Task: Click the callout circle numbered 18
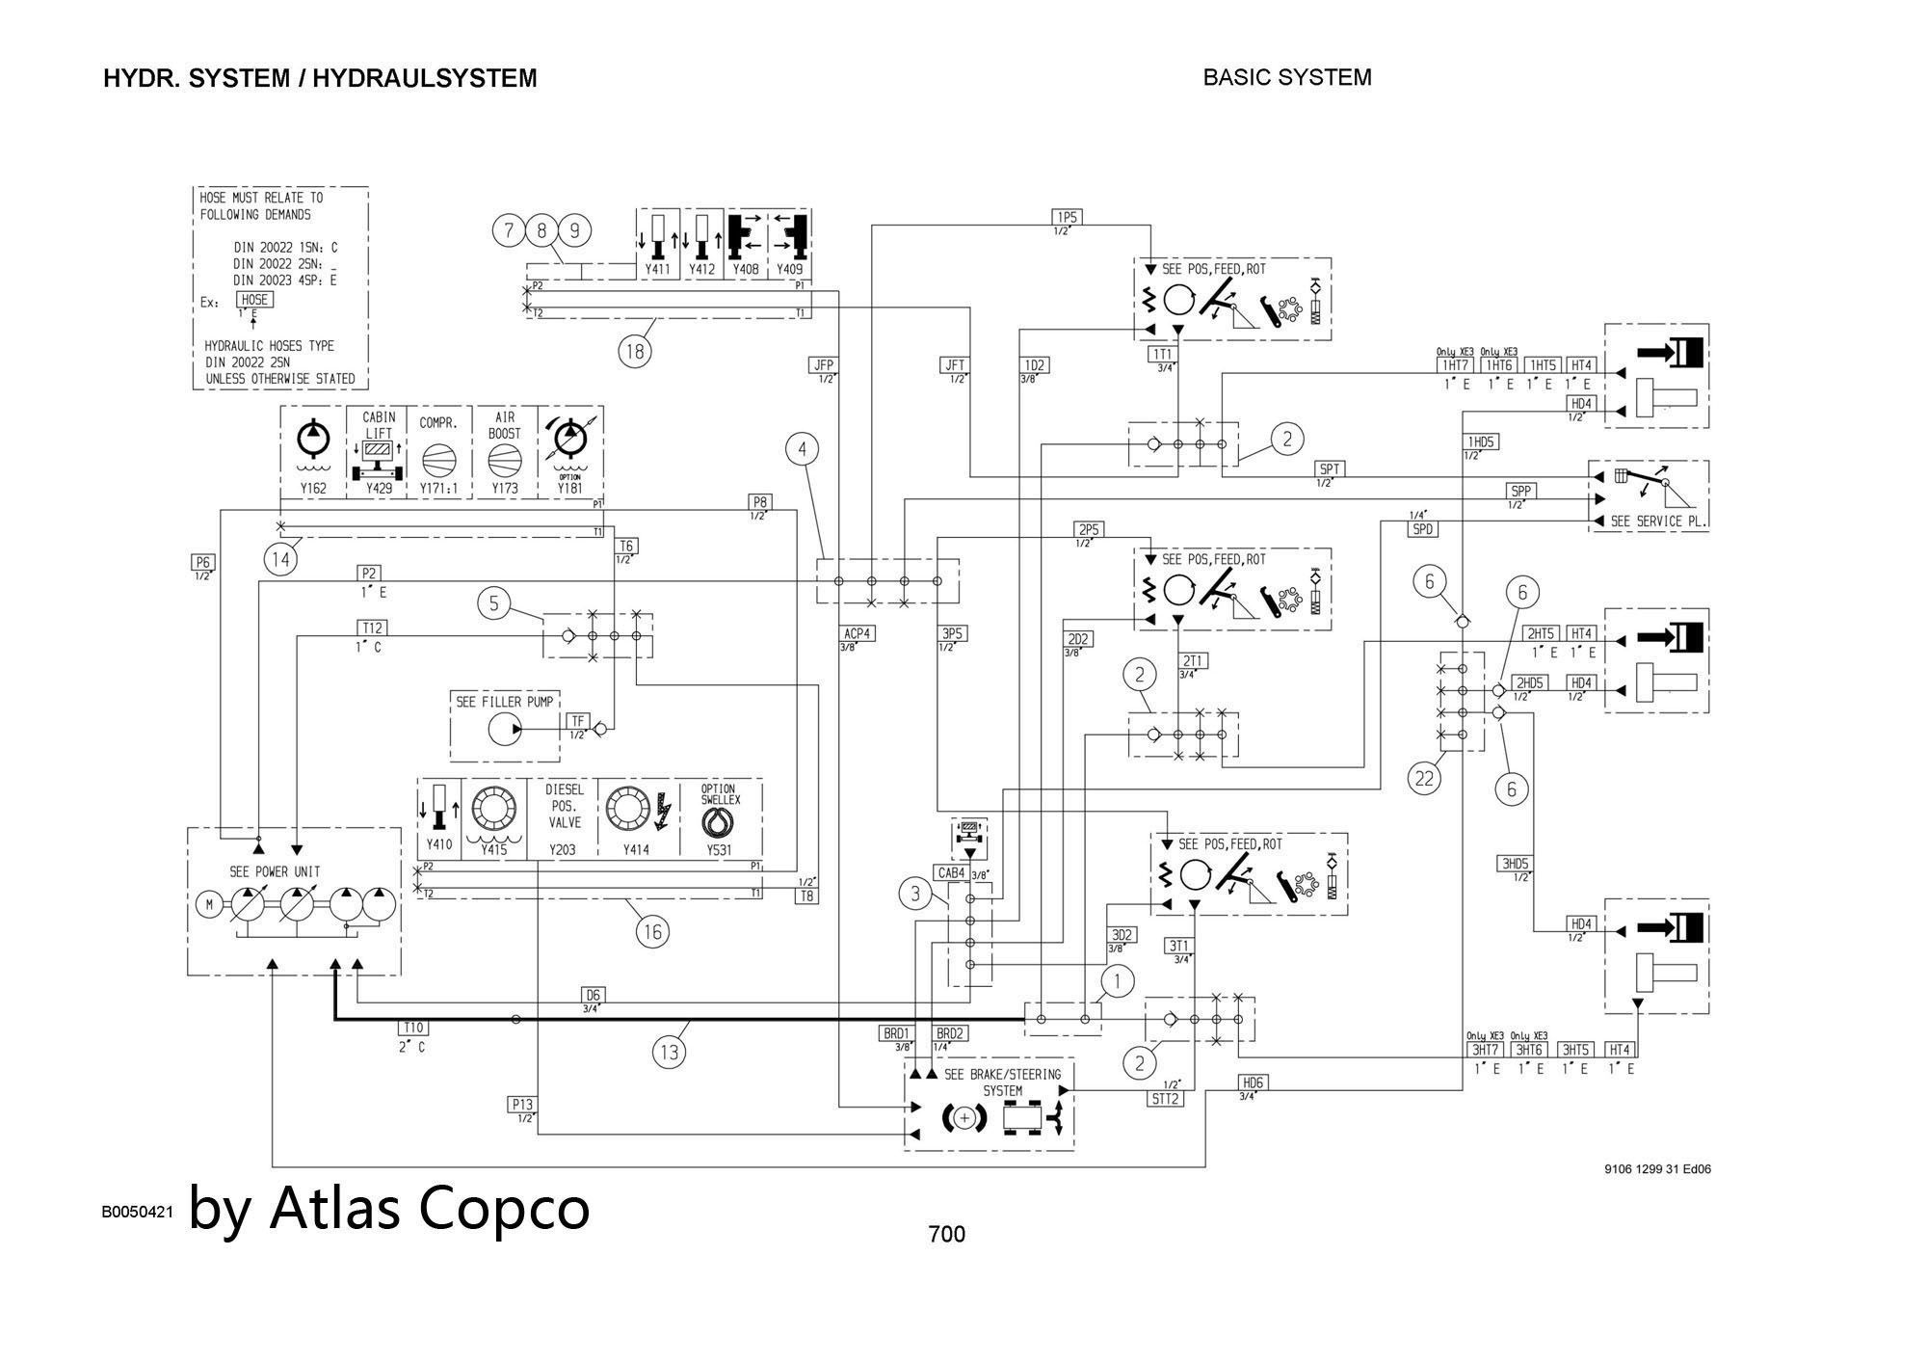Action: tap(634, 352)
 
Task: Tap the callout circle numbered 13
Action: tap(669, 1051)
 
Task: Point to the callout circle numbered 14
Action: tap(280, 559)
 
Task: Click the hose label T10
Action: tap(413, 1029)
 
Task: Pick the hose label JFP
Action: tap(823, 365)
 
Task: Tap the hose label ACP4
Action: tap(858, 633)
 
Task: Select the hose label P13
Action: tap(522, 1105)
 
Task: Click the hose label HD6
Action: tap(1252, 1082)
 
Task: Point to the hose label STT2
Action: tap(1165, 1099)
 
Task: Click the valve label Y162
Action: tap(313, 489)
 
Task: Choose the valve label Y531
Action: tap(719, 850)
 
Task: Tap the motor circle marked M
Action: tap(208, 904)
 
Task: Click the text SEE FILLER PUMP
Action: tap(505, 702)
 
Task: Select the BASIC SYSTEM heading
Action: tap(1287, 77)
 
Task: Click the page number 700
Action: tap(946, 1234)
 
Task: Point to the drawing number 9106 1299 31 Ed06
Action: tap(1657, 1169)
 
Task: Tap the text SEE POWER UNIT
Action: tap(275, 871)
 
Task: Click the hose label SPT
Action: tap(1329, 469)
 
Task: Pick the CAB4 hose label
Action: tap(951, 873)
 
